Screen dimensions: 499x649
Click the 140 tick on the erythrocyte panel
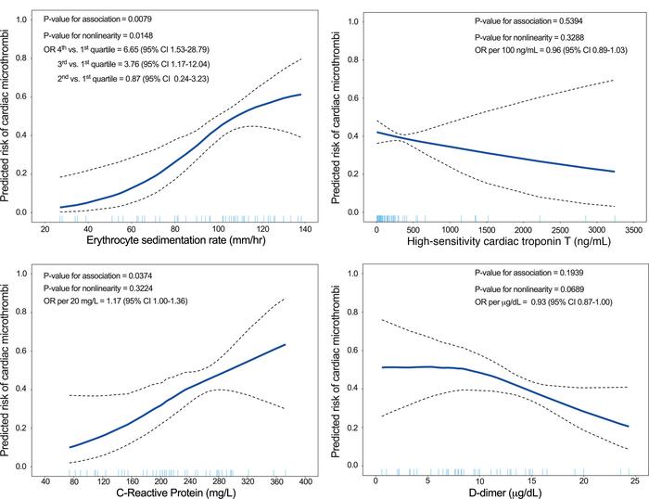302,227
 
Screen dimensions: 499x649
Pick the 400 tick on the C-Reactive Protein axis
307,481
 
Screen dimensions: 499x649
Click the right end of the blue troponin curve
612,171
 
